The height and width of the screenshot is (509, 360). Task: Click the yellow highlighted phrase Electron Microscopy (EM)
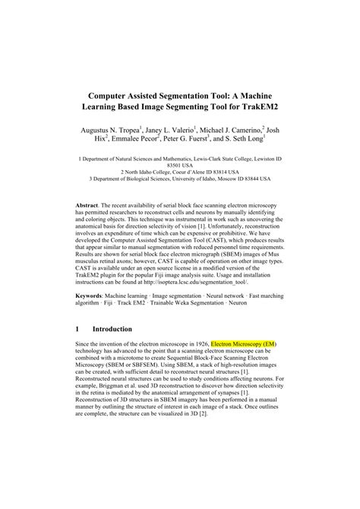point(243,344)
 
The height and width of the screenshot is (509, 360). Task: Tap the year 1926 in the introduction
point(197,344)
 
